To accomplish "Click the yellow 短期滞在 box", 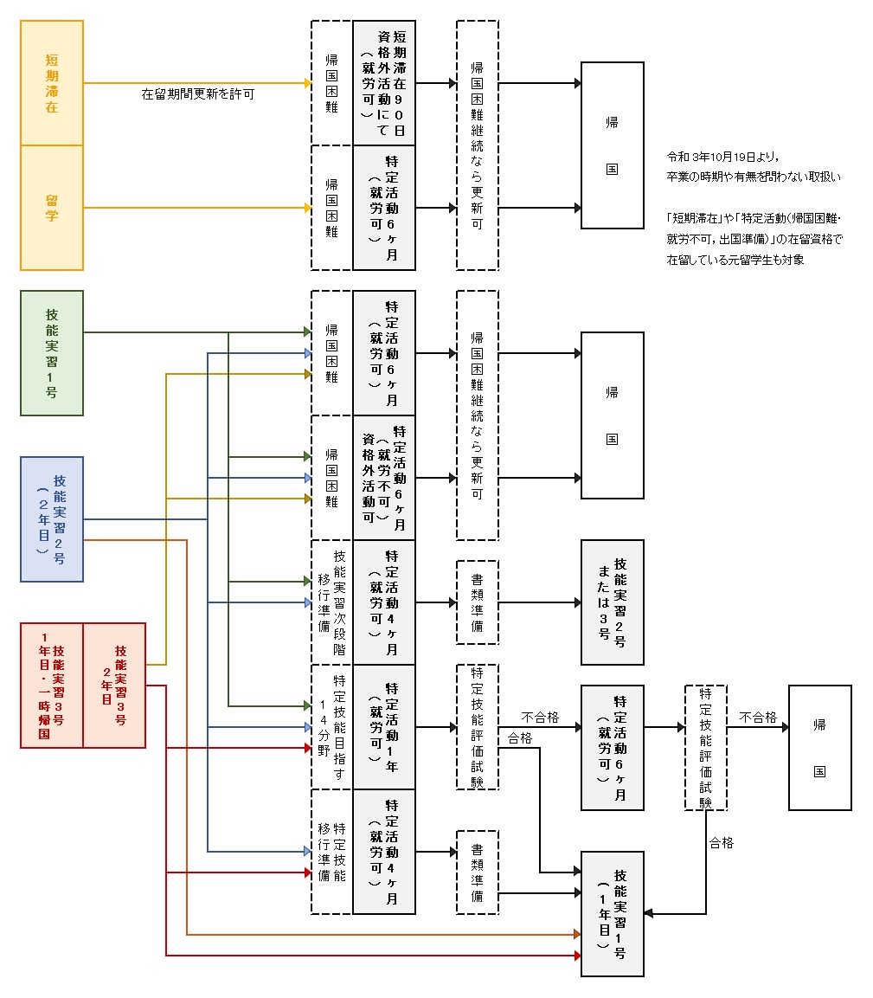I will pos(52,83).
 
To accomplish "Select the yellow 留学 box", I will pos(52,208).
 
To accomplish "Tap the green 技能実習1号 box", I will pos(52,353).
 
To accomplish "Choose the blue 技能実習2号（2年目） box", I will pos(52,519).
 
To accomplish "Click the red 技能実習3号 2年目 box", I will pos(114,685).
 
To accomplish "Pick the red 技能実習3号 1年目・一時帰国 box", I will pos(52,685).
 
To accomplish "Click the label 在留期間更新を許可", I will pos(197,93).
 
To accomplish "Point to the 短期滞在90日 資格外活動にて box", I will pos(384,83).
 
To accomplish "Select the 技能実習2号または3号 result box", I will pos(613,602).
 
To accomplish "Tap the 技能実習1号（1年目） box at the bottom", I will pos(613,914).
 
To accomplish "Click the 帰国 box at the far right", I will pos(819,748).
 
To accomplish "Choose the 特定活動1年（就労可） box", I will pos(384,727).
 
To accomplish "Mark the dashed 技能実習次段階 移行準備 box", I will pos(332,602).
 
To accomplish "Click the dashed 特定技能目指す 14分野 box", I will pos(332,727).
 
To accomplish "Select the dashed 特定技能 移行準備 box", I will pos(332,852).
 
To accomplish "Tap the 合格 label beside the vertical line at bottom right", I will pos(721,842).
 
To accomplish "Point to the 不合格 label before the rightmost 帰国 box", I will pos(758,718).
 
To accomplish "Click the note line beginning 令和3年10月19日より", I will pos(724,157).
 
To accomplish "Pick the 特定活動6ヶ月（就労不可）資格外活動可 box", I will pos(384,478).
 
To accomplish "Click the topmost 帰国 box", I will pos(613,145).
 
